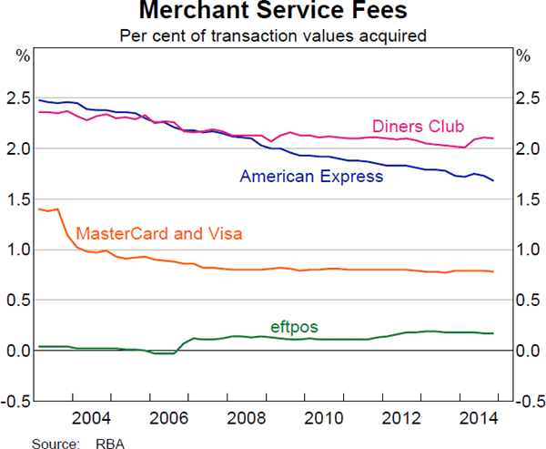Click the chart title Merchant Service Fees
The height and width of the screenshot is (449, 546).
[273, 13]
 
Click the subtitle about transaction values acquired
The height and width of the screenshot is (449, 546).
[273, 36]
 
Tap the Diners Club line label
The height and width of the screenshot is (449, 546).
[418, 126]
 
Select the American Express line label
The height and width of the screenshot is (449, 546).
[311, 177]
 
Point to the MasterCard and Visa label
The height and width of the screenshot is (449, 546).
[159, 234]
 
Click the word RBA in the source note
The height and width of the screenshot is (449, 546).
[111, 442]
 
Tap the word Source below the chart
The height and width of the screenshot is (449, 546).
[52, 442]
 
